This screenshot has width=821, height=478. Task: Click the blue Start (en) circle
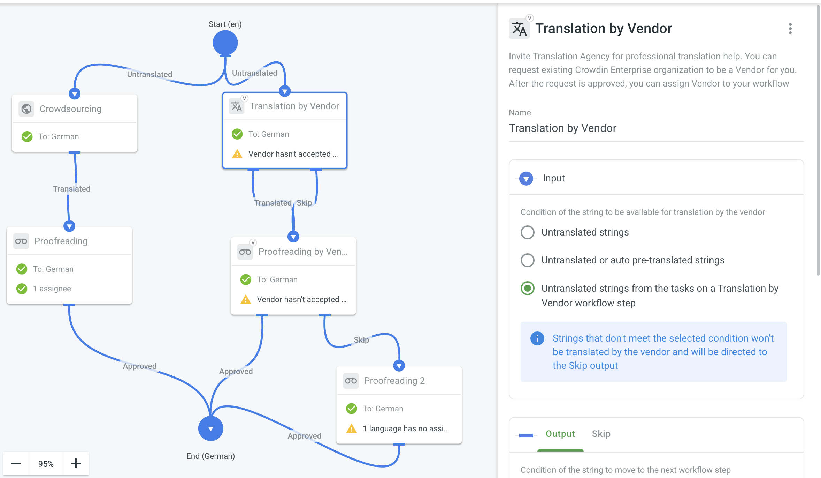pyautogui.click(x=225, y=43)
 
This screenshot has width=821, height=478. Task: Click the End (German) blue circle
pyautogui.click(x=211, y=428)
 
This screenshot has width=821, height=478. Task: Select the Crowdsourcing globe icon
pyautogui.click(x=26, y=109)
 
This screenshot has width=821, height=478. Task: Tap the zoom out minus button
pyautogui.click(x=16, y=463)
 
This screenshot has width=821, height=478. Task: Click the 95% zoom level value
pyautogui.click(x=46, y=464)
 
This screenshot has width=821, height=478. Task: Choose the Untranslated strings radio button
pyautogui.click(x=527, y=232)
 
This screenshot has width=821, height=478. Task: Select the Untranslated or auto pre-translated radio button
pyautogui.click(x=527, y=260)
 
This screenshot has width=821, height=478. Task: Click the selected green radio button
pyautogui.click(x=527, y=288)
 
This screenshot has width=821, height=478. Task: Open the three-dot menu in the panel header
pyautogui.click(x=790, y=29)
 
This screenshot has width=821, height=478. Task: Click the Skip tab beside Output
pyautogui.click(x=601, y=434)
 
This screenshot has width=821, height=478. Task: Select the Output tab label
pyautogui.click(x=560, y=434)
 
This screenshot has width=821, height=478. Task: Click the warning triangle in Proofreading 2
pyautogui.click(x=351, y=428)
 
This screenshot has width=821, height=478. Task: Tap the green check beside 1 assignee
pyautogui.click(x=22, y=289)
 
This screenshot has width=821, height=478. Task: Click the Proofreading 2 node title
pyautogui.click(x=394, y=381)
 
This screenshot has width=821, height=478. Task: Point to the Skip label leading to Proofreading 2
pyautogui.click(x=361, y=340)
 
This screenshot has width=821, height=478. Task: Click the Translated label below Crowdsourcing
pyautogui.click(x=71, y=189)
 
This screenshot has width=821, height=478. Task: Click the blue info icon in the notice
pyautogui.click(x=537, y=338)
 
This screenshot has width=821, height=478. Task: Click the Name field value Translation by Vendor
pyautogui.click(x=562, y=128)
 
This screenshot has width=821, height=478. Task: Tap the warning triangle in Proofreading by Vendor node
pyautogui.click(x=246, y=299)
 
